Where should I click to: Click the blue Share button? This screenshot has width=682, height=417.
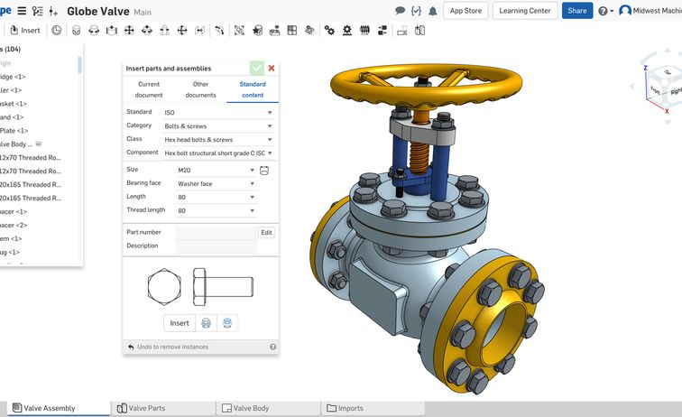[576, 11]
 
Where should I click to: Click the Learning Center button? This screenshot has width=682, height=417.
[524, 11]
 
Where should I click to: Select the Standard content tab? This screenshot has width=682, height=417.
[253, 89]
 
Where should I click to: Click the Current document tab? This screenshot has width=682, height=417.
[149, 89]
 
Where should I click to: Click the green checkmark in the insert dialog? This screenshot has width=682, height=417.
[257, 68]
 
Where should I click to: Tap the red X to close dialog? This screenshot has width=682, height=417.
[272, 68]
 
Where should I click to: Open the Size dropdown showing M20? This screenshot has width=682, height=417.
[216, 170]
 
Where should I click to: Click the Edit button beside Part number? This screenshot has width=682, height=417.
[266, 232]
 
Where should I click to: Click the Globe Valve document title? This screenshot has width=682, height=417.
[97, 12]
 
